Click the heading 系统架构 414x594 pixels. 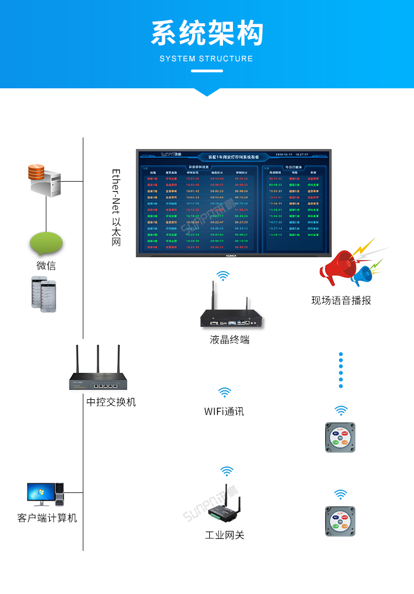tap(207, 34)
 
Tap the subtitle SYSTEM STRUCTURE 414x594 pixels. tap(206, 59)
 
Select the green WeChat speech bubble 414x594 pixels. tap(46, 243)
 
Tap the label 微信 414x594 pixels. tap(46, 266)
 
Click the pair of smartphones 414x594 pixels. tap(44, 293)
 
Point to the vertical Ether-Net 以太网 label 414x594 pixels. tap(116, 208)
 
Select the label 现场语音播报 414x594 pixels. tap(341, 301)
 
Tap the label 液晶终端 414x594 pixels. tap(230, 340)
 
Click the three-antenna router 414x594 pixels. tap(98, 374)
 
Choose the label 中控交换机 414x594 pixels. tap(111, 402)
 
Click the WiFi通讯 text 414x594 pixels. tap(224, 412)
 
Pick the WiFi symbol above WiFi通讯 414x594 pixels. tap(225, 393)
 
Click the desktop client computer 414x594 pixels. tap(46, 495)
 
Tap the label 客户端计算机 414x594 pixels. tap(47, 518)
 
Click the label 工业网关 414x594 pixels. tap(225, 535)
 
